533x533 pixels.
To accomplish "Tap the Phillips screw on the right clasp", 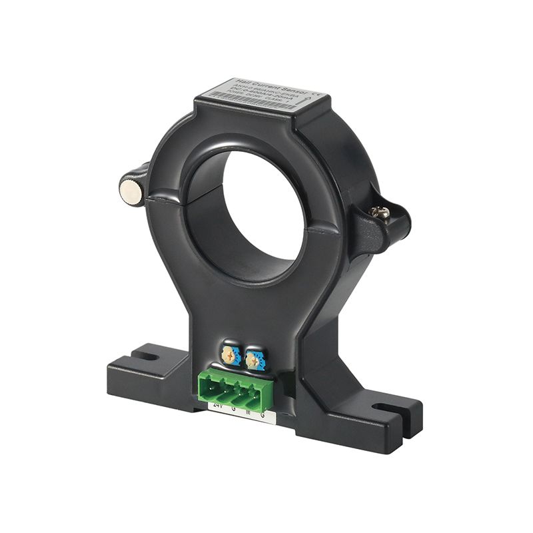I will point(382,212).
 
